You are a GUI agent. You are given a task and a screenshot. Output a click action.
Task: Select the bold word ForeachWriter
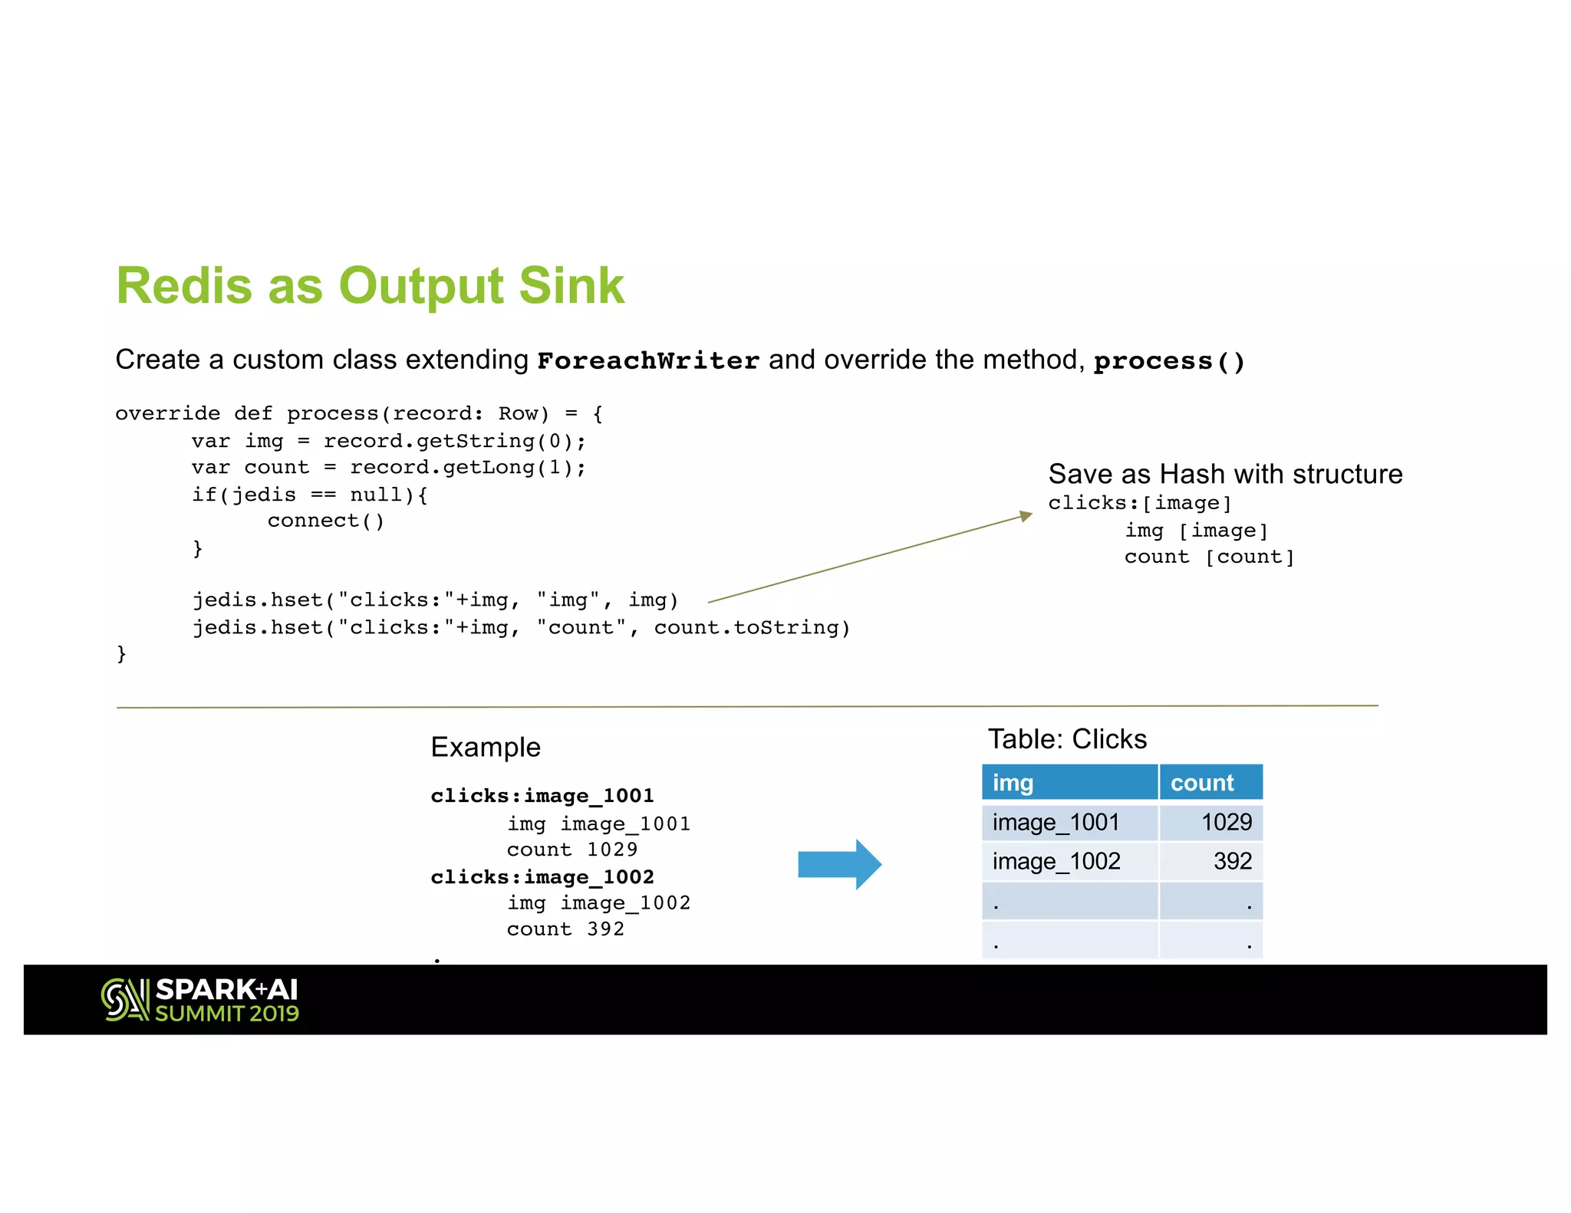click(648, 360)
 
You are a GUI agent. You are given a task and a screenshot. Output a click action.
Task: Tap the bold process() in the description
click(1169, 361)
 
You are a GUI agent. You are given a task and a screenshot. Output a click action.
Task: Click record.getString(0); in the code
click(454, 441)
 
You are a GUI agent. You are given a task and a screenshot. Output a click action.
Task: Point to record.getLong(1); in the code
click(468, 468)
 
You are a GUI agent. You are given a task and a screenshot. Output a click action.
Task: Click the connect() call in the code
click(325, 521)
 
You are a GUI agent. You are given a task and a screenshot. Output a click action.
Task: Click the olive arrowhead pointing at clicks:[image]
click(1026, 516)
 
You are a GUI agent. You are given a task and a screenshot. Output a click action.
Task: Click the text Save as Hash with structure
click(1225, 474)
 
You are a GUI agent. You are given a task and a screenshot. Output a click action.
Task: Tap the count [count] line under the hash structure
click(1209, 557)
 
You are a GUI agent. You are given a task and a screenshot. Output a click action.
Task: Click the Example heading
click(486, 747)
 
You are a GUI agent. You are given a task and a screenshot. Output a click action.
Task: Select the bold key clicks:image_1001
click(542, 796)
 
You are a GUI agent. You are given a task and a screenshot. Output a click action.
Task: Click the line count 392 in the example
click(565, 929)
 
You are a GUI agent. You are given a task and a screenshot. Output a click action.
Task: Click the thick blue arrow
click(839, 864)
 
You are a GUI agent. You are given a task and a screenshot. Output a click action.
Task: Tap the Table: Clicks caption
click(1067, 739)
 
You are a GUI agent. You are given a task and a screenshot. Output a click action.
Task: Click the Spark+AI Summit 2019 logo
click(200, 1000)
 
